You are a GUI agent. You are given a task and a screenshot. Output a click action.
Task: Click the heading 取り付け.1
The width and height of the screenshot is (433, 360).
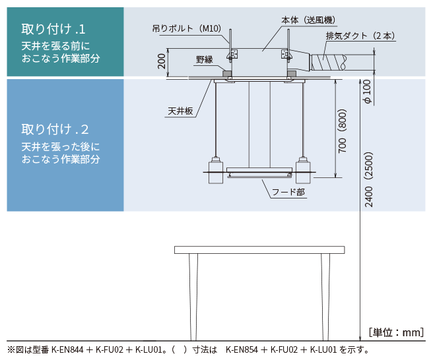click(53, 29)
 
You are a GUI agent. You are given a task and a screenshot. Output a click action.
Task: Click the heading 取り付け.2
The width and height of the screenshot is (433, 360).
click(55, 129)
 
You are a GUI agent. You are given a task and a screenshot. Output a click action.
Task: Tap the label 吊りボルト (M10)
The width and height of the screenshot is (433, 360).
click(187, 28)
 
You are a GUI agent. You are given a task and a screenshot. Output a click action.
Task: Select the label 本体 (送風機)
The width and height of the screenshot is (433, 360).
click(308, 20)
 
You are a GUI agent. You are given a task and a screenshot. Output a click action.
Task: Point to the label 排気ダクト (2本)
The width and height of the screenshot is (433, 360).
click(360, 36)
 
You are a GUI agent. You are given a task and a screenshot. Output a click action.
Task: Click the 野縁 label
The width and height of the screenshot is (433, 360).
click(205, 59)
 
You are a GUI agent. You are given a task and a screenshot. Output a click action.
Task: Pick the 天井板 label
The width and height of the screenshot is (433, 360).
click(180, 111)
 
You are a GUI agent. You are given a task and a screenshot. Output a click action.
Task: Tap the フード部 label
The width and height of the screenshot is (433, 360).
click(288, 192)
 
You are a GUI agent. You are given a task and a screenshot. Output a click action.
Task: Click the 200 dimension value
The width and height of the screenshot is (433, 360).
click(162, 61)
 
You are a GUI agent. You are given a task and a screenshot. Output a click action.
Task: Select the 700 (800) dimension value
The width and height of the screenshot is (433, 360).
click(342, 131)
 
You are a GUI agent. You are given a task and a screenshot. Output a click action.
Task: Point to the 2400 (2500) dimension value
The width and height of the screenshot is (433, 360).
click(369, 179)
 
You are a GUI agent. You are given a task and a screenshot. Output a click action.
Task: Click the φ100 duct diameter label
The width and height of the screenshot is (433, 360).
click(367, 92)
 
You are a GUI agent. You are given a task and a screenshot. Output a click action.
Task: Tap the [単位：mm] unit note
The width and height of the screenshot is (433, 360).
click(396, 332)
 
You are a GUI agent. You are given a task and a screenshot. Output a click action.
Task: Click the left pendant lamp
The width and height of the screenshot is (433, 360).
click(216, 170)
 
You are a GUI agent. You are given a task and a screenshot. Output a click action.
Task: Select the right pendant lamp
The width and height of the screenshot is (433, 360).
click(303, 170)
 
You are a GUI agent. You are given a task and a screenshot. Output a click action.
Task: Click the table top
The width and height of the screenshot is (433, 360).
click(259, 250)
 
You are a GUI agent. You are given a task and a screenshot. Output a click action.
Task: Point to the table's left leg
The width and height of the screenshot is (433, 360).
click(193, 297)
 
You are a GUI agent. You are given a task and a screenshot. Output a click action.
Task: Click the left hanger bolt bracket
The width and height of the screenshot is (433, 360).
click(232, 54)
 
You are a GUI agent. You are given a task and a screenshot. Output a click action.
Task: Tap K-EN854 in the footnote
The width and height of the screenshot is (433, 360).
click(242, 350)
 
